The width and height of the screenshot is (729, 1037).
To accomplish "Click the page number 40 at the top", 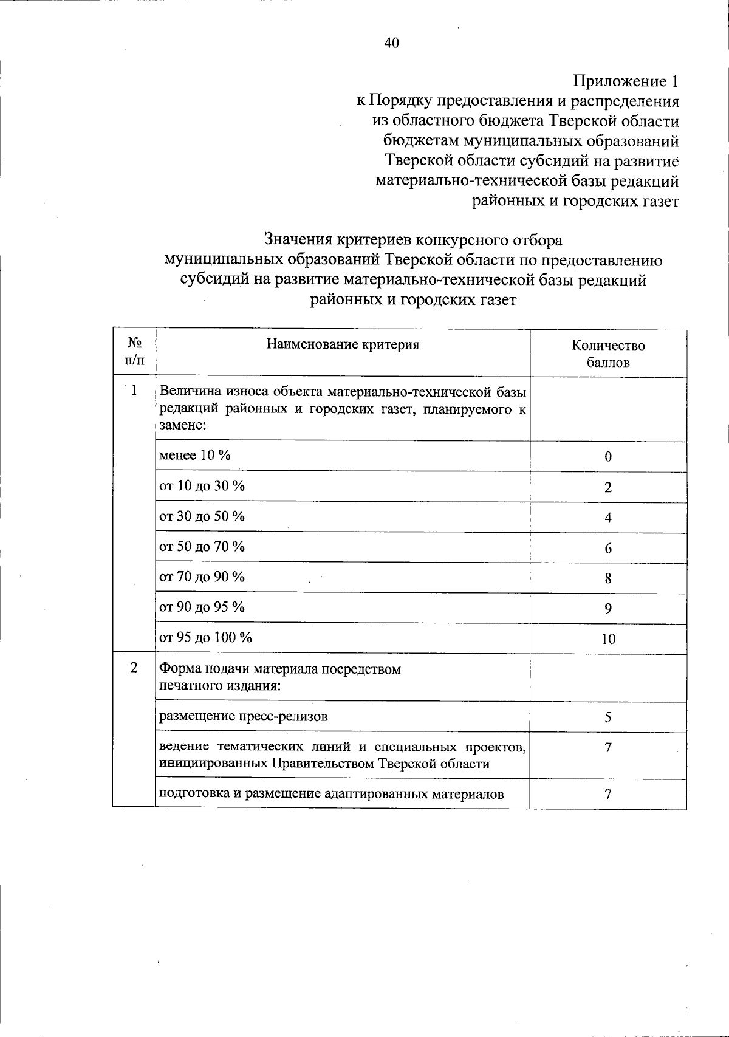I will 391,43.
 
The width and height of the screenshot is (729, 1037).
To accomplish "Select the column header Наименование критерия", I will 343,345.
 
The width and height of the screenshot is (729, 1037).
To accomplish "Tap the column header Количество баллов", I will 608,354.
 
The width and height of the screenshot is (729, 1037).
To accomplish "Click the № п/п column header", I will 134,352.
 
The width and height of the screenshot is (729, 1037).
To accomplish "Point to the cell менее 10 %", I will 194,456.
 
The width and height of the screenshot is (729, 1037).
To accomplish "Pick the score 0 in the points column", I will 608,457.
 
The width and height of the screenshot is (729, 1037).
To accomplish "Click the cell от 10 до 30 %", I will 202,486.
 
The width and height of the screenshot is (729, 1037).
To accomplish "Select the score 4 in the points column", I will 608,518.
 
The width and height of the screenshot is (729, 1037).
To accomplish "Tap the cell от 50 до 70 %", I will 202,547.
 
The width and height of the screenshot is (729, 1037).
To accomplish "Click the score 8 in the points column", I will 608,578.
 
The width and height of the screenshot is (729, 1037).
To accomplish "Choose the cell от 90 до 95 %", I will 202,607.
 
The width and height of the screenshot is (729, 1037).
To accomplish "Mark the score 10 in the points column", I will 608,639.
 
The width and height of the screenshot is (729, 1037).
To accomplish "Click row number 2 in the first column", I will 134,668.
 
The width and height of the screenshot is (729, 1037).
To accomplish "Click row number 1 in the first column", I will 134,390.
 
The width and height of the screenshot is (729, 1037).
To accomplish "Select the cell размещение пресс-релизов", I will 243,716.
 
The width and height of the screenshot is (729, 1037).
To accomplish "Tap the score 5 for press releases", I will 608,717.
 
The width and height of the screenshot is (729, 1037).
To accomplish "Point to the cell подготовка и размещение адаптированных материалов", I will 331,794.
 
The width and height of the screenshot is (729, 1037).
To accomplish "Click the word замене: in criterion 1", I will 183,426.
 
